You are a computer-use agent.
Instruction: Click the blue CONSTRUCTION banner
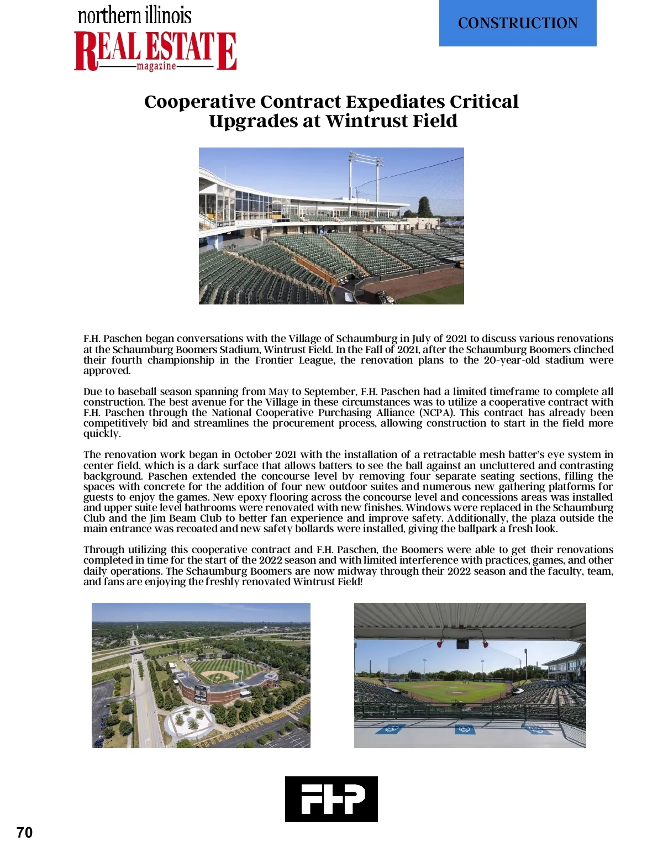518,23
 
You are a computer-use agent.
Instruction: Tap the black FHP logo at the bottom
331,799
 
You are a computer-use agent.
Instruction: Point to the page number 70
25,833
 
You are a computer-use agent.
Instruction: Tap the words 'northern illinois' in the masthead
135,15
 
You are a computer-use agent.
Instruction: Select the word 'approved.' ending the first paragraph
107,371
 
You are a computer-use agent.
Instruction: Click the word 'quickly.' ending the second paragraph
102,434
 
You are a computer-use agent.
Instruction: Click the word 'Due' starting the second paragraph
92,392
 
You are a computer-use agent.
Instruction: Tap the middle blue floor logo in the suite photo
465,729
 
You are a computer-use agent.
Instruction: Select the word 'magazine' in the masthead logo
156,66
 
